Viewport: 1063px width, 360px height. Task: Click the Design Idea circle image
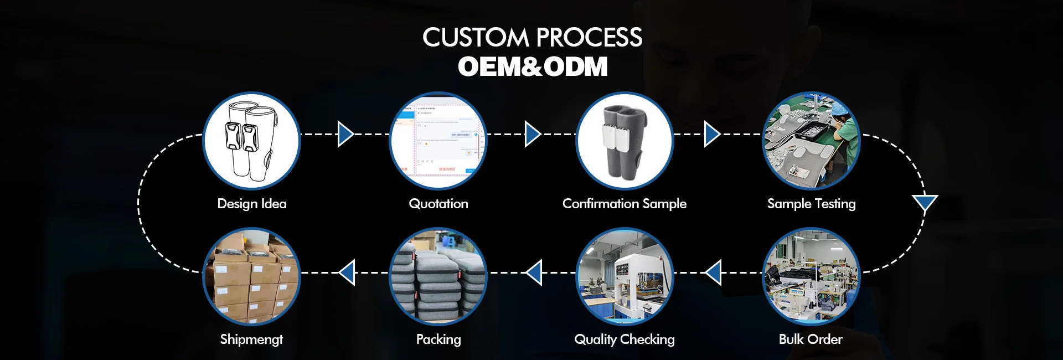251,141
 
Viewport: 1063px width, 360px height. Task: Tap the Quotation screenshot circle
438,141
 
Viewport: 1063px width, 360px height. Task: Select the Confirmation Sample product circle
625,141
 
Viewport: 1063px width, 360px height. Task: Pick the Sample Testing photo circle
811,141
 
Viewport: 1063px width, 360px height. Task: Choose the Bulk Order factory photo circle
811,276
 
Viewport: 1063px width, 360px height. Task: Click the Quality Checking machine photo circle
625,276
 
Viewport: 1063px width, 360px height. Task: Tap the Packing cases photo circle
438,276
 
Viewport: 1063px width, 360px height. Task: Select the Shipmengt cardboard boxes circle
251,276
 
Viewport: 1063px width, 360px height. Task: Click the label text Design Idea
252,204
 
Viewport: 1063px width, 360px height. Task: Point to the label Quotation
438,204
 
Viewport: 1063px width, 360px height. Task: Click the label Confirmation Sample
625,204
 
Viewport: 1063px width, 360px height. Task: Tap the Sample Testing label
811,204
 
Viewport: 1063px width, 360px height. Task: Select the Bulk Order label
811,340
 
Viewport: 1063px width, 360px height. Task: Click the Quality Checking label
625,340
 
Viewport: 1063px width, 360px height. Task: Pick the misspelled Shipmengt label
251,340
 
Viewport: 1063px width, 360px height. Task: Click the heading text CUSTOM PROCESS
532,38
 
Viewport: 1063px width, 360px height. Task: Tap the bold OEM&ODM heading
533,66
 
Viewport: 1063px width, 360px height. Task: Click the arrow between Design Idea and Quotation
345,134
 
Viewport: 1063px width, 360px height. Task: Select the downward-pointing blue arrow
925,203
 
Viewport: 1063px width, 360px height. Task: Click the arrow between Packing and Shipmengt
347,272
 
